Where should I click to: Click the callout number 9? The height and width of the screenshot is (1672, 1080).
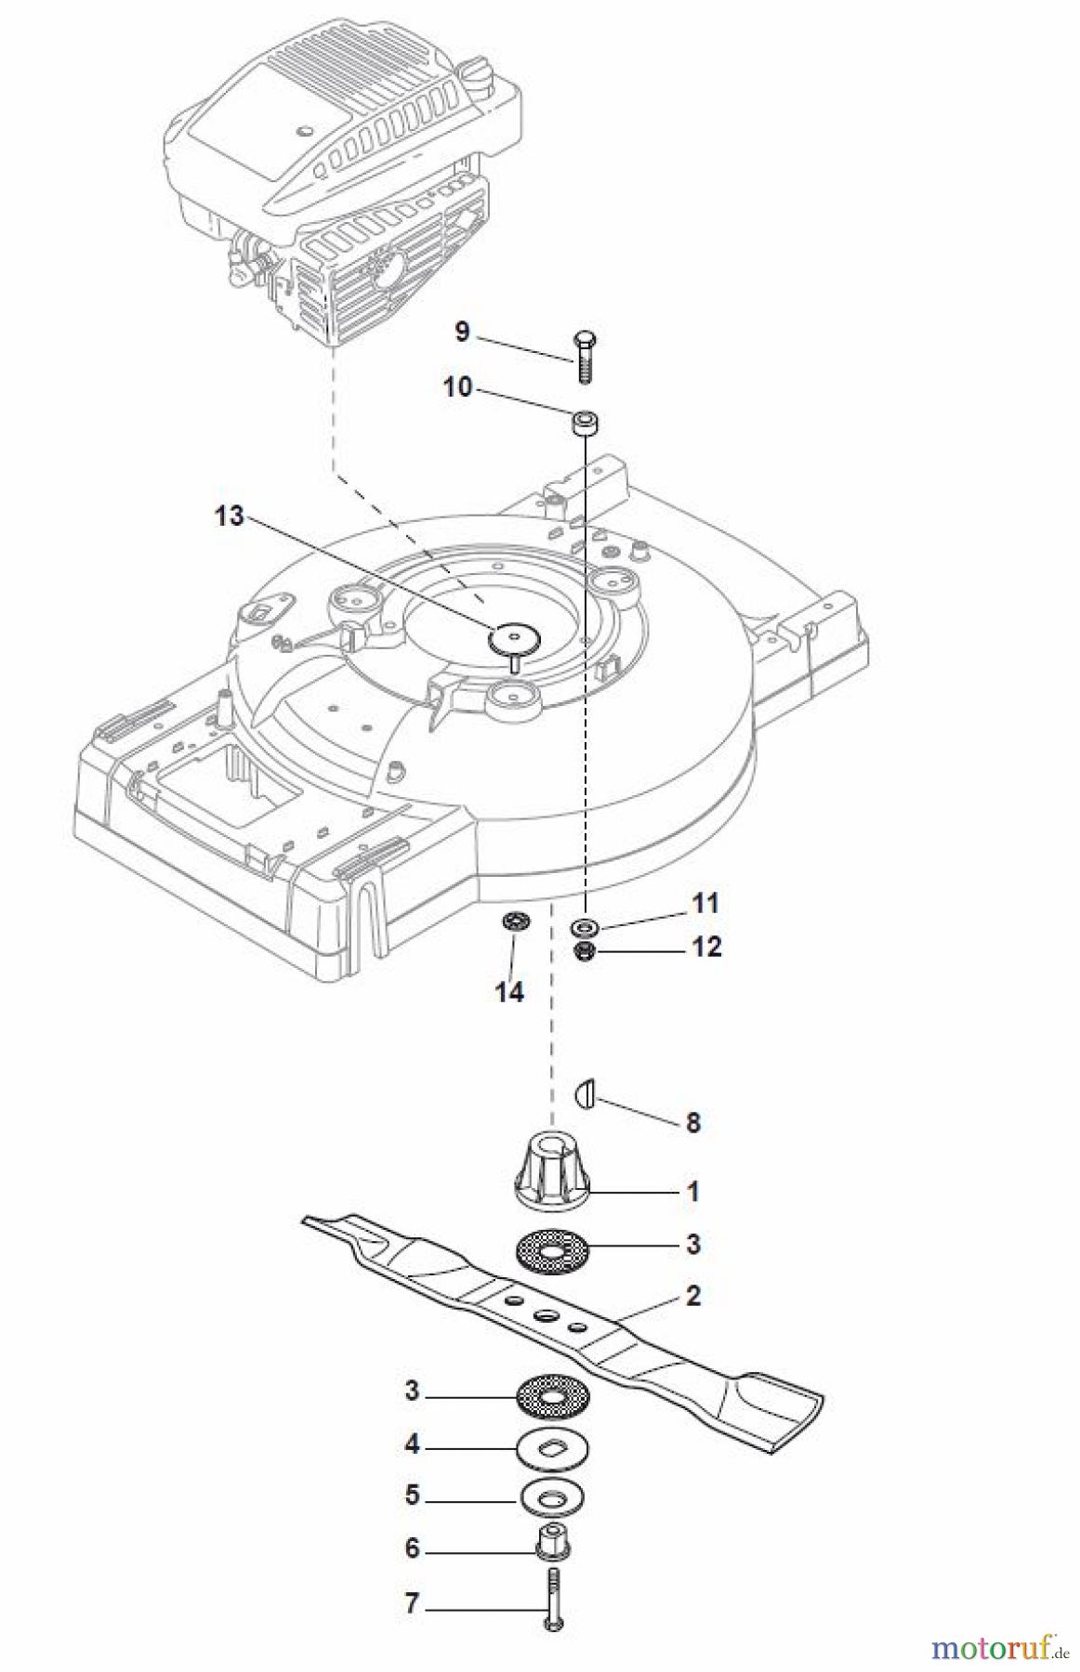tap(462, 332)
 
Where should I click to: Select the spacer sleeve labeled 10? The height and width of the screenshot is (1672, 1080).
tap(584, 425)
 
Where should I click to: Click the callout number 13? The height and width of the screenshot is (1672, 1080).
tap(229, 516)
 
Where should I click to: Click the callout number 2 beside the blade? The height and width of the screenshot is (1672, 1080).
tap(692, 1295)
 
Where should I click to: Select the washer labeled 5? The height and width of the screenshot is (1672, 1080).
tap(554, 1496)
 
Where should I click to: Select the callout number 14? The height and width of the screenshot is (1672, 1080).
tap(508, 992)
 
